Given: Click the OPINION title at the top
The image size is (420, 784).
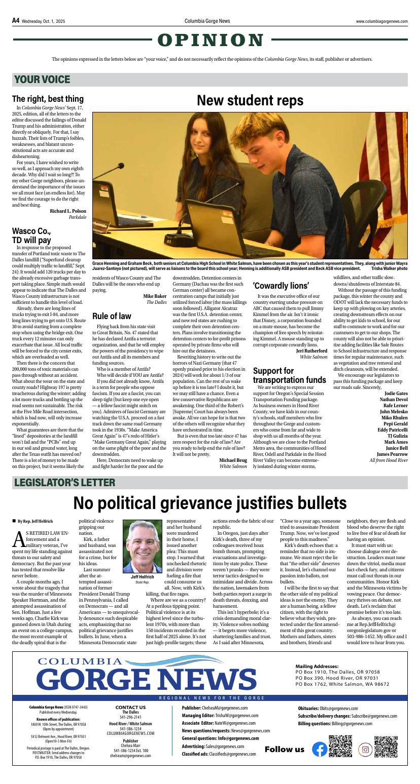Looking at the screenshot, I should (x=211, y=40).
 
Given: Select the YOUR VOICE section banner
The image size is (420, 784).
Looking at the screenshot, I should (x=43, y=80).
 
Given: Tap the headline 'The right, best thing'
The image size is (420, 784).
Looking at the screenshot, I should (x=48, y=99).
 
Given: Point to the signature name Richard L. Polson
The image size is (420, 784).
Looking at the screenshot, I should (x=68, y=211).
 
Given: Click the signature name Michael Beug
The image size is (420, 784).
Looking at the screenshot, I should (x=233, y=460).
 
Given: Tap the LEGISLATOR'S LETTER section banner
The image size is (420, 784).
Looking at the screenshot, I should (x=64, y=482).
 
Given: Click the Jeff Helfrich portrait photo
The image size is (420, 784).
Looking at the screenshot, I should (x=142, y=546).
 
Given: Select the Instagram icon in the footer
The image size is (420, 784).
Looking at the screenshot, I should (x=365, y=749).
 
